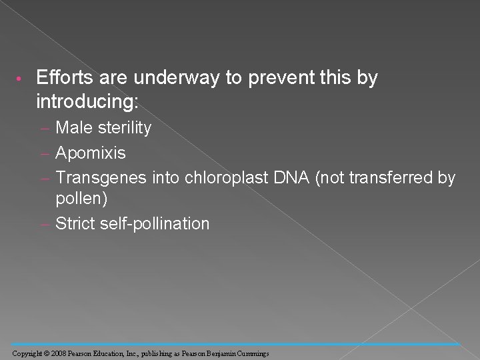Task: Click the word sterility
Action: click(125, 127)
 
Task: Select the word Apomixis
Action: click(91, 153)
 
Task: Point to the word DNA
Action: click(283, 178)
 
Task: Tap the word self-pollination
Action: click(155, 223)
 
